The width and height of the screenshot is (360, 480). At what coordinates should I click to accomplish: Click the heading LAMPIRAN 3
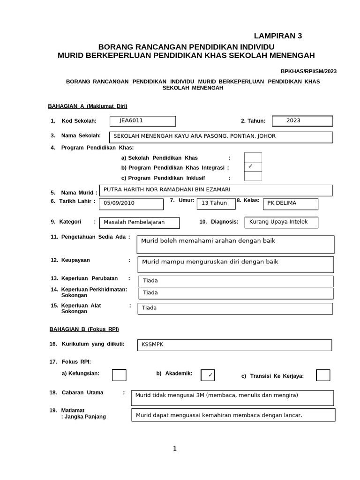click(275, 36)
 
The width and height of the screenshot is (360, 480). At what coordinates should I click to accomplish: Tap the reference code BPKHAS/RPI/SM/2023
click(308, 71)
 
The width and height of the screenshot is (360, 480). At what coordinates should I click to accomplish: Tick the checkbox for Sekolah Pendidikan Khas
click(253, 158)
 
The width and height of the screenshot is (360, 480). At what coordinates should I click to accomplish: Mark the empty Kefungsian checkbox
click(119, 375)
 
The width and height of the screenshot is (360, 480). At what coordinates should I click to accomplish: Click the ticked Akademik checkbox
click(208, 375)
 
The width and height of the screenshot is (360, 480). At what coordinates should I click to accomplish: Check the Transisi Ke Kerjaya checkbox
click(323, 375)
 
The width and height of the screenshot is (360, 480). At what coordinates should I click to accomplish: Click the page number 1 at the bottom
click(175, 449)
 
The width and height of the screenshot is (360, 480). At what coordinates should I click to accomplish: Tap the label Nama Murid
click(79, 193)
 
